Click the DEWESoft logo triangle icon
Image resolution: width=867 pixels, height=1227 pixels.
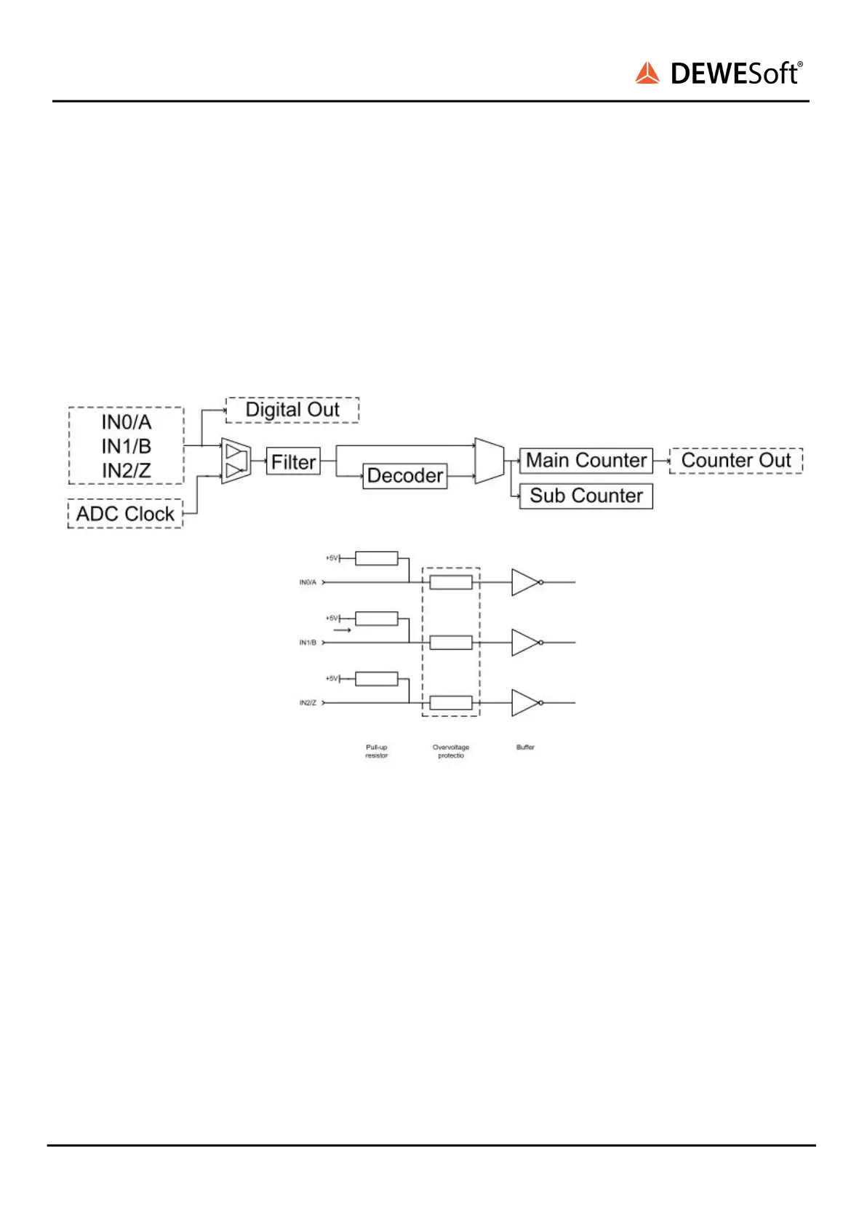[x=647, y=74]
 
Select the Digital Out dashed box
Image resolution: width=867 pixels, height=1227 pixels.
[x=292, y=410]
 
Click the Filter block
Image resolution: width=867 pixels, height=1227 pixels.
[x=293, y=461]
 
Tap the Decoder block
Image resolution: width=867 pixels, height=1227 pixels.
[x=405, y=476]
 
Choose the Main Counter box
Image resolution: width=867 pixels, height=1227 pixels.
[x=586, y=461]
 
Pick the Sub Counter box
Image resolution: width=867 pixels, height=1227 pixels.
[x=586, y=496]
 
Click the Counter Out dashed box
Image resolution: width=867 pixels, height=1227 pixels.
[x=736, y=461]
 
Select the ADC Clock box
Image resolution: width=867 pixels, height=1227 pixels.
[x=125, y=514]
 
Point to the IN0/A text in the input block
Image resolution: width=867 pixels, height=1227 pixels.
[x=127, y=422]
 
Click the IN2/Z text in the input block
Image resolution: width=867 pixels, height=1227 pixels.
[x=127, y=471]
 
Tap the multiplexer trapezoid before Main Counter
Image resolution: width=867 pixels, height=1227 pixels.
[x=489, y=461]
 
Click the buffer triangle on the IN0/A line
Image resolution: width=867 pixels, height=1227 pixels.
[x=524, y=582]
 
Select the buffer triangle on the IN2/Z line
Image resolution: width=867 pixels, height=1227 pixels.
[x=524, y=703]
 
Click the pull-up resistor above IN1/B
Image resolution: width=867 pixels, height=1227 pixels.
[x=376, y=619]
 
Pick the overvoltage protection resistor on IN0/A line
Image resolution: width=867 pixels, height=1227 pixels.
[x=451, y=582]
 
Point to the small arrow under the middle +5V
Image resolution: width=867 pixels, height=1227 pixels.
[x=342, y=630]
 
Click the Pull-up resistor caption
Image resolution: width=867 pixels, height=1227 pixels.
[x=376, y=751]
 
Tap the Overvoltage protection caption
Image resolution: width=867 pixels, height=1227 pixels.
[x=451, y=751]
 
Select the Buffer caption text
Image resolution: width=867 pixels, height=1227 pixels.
[x=525, y=747]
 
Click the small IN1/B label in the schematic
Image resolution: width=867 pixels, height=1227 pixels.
[x=308, y=643]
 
